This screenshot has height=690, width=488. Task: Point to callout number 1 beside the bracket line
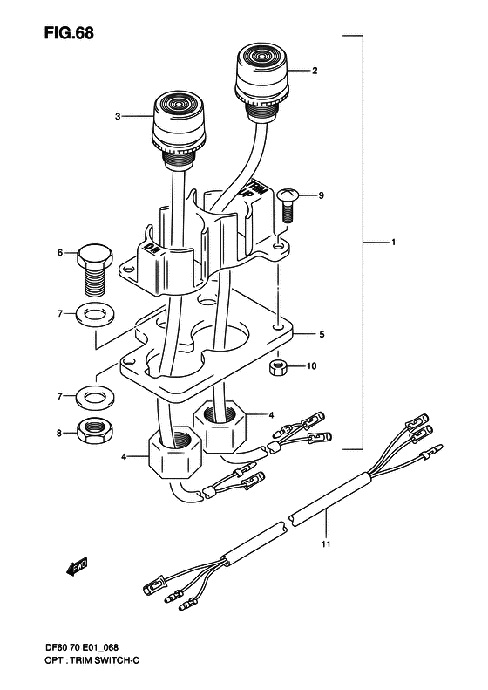tap(395, 241)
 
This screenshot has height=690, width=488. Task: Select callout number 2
tap(314, 71)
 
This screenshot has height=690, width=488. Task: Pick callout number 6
tap(60, 253)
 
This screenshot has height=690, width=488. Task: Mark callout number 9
tap(321, 195)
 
